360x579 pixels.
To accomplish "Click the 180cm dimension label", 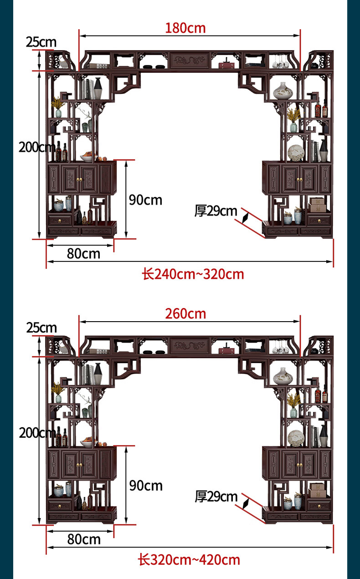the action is tap(185, 28).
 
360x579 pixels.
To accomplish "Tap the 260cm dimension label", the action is tap(185, 314).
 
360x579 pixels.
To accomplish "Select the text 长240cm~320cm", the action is tap(193, 274).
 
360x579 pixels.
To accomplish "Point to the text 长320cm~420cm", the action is tap(189, 560).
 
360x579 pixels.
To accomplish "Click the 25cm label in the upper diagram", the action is tap(41, 42).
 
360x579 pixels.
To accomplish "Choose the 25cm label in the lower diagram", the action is tap(41, 328).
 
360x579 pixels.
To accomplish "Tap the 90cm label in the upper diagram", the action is tap(145, 200).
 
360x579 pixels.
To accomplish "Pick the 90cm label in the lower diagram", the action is tap(145, 486).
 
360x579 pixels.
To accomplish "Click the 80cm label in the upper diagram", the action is tap(83, 254).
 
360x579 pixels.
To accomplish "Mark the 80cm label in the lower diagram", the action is tap(84, 539).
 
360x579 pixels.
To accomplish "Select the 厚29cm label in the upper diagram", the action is tap(216, 211).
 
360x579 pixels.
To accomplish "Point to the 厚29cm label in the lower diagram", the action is tap(216, 497).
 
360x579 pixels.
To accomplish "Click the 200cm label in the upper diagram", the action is tap(36, 147).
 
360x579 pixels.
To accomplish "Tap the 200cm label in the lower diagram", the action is tap(36, 433).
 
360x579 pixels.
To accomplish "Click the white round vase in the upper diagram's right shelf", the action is tap(283, 92).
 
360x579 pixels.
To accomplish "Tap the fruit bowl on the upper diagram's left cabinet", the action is tap(88, 157).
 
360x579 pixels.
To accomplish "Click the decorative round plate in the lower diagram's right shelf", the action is tap(296, 439).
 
